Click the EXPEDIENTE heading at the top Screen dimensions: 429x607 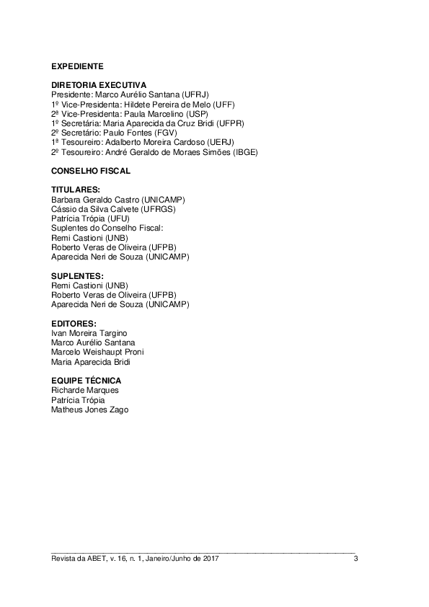(77, 66)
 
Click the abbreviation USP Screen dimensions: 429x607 (198, 114)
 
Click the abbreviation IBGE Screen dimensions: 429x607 (244, 153)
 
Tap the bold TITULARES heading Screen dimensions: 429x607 (76, 190)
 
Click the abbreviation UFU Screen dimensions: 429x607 (119, 218)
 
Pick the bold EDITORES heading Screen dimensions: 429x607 (74, 324)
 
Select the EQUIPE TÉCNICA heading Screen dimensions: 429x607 (86, 381)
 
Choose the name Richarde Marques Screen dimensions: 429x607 (85, 390)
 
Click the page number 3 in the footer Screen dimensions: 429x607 (355, 559)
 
